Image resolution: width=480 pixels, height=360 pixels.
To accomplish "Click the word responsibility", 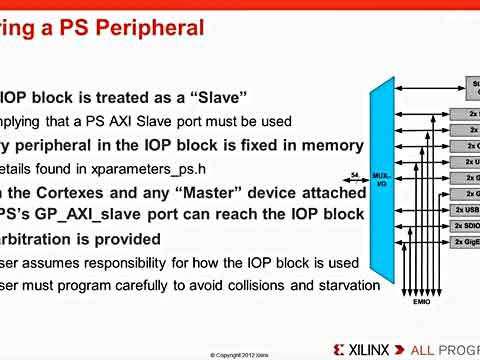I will pos(139,263).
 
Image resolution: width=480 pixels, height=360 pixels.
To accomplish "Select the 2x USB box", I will pos(466,210).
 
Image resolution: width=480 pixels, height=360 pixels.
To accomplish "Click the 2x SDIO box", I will pos(466,226).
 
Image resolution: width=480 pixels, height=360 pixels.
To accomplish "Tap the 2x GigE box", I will pos(466,242).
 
